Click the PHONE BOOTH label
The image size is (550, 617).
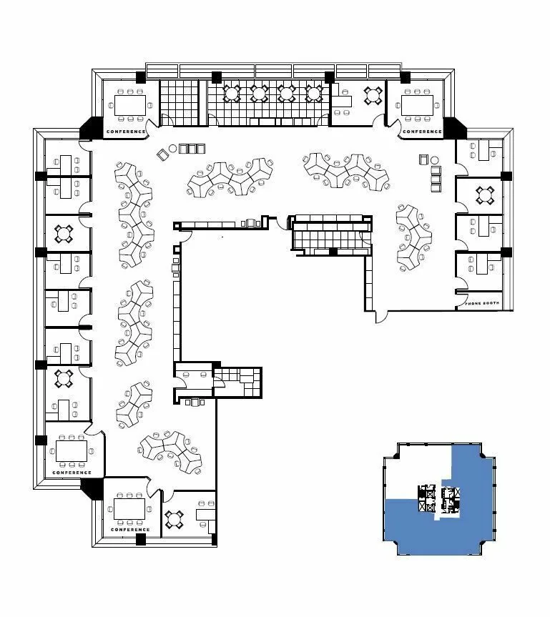pyautogui.click(x=482, y=303)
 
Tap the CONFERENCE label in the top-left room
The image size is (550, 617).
pyautogui.click(x=126, y=132)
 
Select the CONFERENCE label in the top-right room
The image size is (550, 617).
pyautogui.click(x=422, y=132)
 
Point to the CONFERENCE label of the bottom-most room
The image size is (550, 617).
pyautogui.click(x=130, y=530)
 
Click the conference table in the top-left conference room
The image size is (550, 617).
pyautogui.click(x=130, y=105)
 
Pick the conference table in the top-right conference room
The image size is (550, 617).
pyautogui.click(x=417, y=105)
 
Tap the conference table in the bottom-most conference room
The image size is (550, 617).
pyautogui.click(x=129, y=509)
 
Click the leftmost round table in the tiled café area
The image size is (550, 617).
pyautogui.click(x=232, y=93)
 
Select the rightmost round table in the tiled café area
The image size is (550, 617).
pyautogui.click(x=314, y=93)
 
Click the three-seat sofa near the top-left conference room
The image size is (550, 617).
pyautogui.click(x=192, y=149)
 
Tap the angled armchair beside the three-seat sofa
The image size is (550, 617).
pyautogui.click(x=162, y=154)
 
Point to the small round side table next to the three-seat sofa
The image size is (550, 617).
pyautogui.click(x=173, y=148)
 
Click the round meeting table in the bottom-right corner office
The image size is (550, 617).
pyautogui.click(x=174, y=519)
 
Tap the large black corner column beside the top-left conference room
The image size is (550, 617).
pyautogui.click(x=90, y=128)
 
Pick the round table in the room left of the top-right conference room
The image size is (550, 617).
pyautogui.click(x=373, y=95)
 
